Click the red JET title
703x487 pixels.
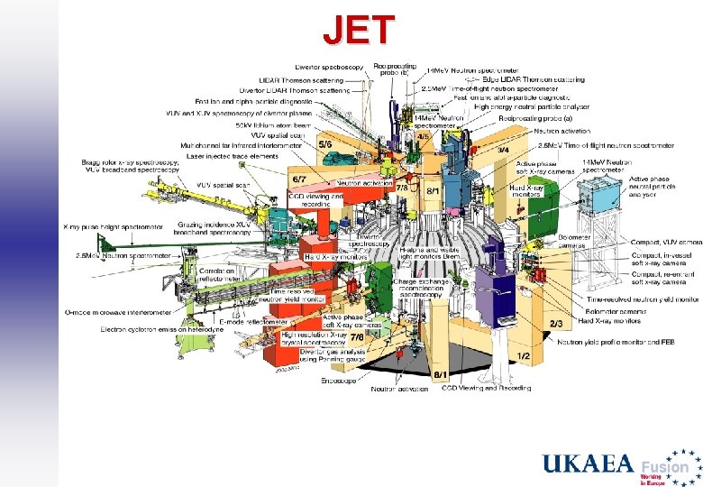359,29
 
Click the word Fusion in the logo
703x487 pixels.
664,467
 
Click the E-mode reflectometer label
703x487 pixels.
253,320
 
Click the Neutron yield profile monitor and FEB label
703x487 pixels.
616,342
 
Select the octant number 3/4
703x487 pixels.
504,149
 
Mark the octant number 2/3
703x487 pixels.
556,323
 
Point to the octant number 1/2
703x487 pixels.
523,356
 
